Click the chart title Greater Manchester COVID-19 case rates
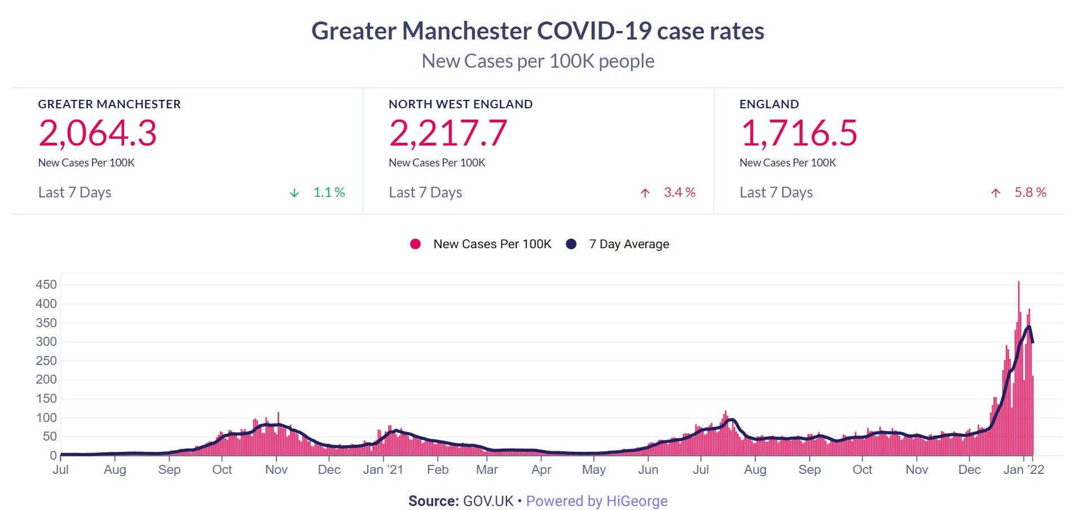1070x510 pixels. pyautogui.click(x=538, y=31)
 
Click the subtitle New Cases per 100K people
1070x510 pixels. pyautogui.click(x=538, y=61)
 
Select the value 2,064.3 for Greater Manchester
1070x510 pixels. pyautogui.click(x=98, y=133)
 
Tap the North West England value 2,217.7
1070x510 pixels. pyautogui.click(x=448, y=133)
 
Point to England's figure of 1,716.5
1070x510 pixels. pyautogui.click(x=799, y=133)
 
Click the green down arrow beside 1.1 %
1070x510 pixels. pyautogui.click(x=294, y=193)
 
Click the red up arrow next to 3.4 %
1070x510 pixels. pyautogui.click(x=645, y=193)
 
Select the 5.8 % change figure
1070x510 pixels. pyautogui.click(x=1030, y=192)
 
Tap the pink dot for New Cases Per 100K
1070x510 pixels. pyautogui.click(x=415, y=244)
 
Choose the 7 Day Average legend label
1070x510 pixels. pyautogui.click(x=629, y=244)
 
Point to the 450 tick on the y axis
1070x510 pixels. pyautogui.click(x=46, y=284)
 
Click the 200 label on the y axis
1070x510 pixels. pyautogui.click(x=46, y=379)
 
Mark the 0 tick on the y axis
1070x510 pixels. pyautogui.click(x=53, y=455)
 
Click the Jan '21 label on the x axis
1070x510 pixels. pyautogui.click(x=383, y=470)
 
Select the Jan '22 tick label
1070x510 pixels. pyautogui.click(x=1024, y=470)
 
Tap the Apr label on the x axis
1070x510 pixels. pyautogui.click(x=541, y=470)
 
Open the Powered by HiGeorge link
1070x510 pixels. pyautogui.click(x=597, y=501)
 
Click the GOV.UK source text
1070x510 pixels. pyautogui.click(x=488, y=501)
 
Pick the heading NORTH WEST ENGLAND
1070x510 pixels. pyautogui.click(x=460, y=104)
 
